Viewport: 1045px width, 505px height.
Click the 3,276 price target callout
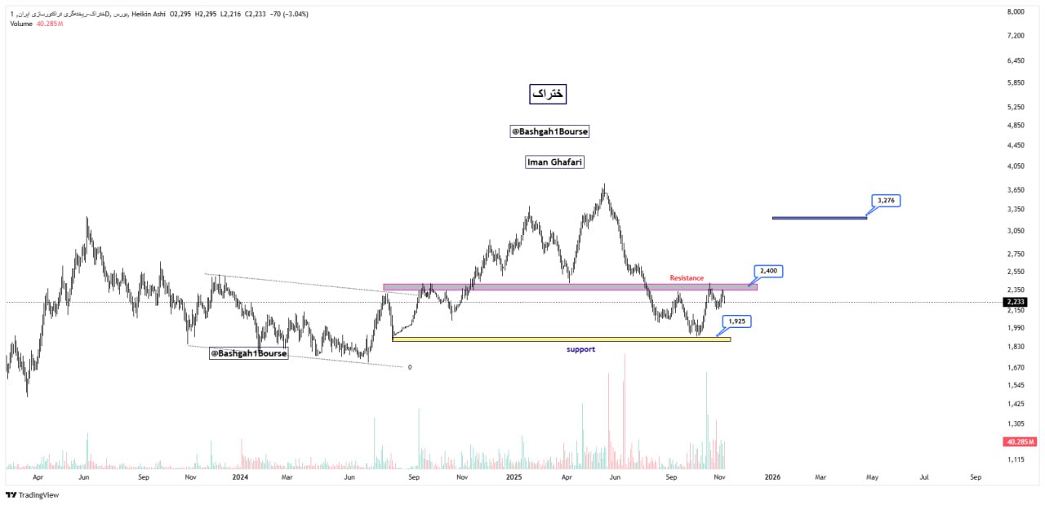click(886, 200)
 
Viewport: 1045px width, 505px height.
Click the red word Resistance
click(687, 278)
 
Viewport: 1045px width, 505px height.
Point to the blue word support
click(580, 349)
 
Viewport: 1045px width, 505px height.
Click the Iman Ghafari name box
click(554, 162)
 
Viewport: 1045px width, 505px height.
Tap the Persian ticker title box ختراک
click(548, 95)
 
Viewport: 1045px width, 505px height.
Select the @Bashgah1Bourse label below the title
click(549, 131)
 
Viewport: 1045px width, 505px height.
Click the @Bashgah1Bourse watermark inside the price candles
click(248, 353)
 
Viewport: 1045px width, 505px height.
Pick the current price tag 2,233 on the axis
click(1016, 302)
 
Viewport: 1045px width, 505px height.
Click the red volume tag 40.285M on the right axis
click(1020, 441)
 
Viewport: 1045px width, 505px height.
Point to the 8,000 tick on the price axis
click(1016, 12)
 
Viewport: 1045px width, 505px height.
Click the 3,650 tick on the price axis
click(1016, 190)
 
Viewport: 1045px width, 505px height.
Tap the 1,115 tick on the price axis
click(1016, 460)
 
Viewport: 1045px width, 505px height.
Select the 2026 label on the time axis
click(772, 476)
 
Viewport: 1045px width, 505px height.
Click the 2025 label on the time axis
click(514, 476)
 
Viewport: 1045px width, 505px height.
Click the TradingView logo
click(33, 494)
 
